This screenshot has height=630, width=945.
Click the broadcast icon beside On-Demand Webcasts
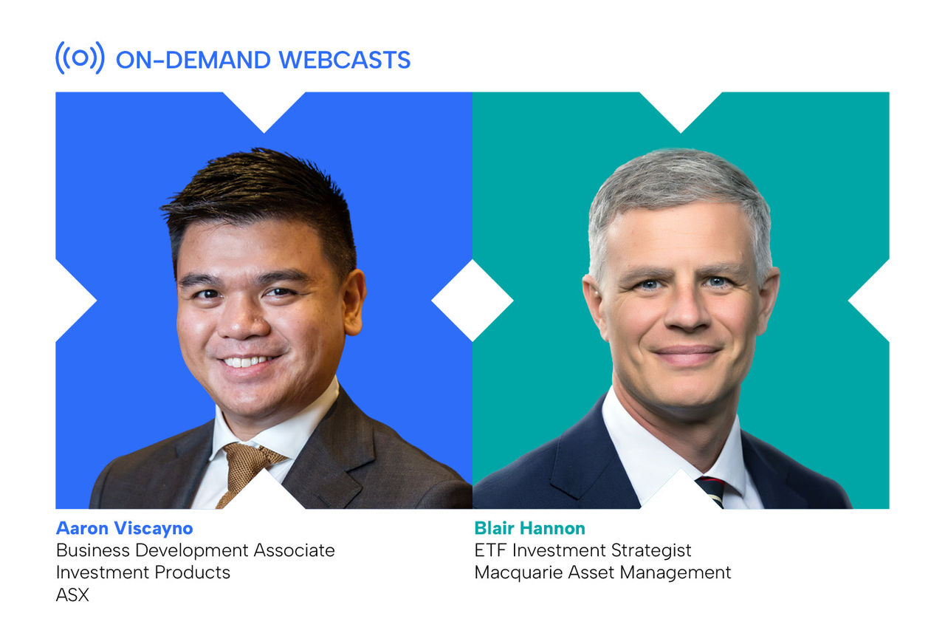[x=80, y=58]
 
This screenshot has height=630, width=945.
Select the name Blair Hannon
[x=529, y=528]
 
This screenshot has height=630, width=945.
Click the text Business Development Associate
[x=195, y=550]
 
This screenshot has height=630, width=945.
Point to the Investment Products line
[x=142, y=572]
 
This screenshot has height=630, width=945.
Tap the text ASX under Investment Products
[x=72, y=595]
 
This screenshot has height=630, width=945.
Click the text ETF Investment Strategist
[x=583, y=550]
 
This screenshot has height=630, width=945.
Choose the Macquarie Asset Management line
[x=602, y=572]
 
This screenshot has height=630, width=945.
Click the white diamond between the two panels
[x=472, y=300]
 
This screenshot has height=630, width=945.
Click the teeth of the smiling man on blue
[x=247, y=362]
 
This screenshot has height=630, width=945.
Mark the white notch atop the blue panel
[x=264, y=107]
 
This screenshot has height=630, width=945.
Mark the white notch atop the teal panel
[x=680, y=107]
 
